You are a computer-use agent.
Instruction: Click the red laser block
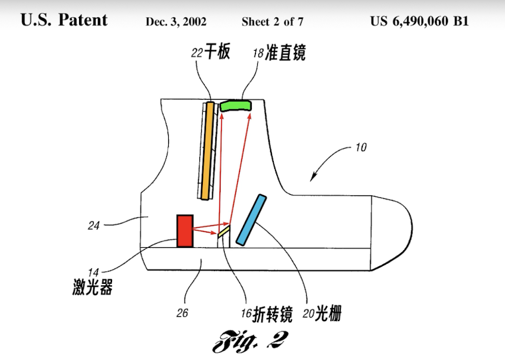coord(185,231)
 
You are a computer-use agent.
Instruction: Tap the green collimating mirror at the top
coord(236,105)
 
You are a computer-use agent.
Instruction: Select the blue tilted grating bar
coord(251,219)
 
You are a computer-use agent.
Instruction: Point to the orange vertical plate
coord(206,150)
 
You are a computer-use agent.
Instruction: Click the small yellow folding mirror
coord(223,232)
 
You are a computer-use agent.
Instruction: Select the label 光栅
coord(328,314)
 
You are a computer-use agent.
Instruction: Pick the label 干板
coord(217,53)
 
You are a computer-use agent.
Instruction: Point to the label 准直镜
coord(286,53)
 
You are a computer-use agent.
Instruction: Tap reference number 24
coord(93,225)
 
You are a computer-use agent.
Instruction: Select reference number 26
coord(182,313)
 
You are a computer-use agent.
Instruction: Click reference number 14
coord(93,273)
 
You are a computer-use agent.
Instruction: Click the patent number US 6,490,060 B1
coord(419,21)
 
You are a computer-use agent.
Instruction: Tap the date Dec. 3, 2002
coord(176,22)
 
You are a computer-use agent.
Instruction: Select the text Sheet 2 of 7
coord(272,22)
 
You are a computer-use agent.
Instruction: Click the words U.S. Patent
coord(64,20)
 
